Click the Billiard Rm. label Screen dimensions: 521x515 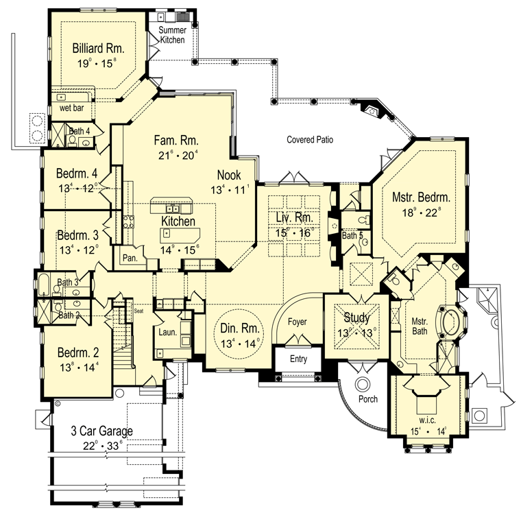98,49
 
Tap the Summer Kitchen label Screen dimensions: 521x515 172,35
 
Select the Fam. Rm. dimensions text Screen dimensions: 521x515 178,155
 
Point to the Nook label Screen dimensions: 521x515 229,175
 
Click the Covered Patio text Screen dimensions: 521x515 310,140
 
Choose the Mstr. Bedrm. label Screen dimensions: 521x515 421,197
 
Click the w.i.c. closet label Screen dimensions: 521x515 427,420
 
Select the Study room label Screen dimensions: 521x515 356,318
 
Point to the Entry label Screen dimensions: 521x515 298,359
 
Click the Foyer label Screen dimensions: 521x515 297,322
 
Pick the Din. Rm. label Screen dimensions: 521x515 239,328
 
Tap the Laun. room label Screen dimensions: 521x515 167,332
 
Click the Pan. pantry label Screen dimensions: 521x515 130,258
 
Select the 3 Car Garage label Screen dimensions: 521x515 102,431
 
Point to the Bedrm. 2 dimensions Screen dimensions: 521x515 79,368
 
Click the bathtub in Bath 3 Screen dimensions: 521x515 44,285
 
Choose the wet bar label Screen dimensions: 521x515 71,108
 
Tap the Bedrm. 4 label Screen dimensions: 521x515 77,173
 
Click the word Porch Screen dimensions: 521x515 368,399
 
